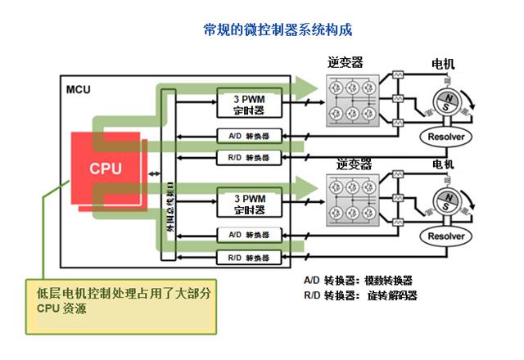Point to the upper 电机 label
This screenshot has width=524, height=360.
(x=443, y=64)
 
